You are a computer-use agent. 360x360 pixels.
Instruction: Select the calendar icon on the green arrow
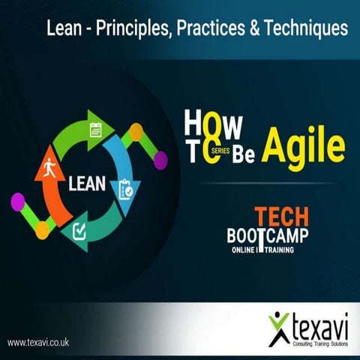tap(95, 130)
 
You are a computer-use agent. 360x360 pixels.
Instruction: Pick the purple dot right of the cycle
tap(160, 159)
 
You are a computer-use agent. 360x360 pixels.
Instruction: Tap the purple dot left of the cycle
tap(18, 202)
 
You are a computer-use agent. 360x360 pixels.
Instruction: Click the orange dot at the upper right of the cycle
tap(136, 133)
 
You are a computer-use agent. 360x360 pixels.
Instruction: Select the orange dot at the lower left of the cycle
tap(43, 229)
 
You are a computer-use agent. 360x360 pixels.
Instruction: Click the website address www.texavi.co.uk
tap(38, 342)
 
